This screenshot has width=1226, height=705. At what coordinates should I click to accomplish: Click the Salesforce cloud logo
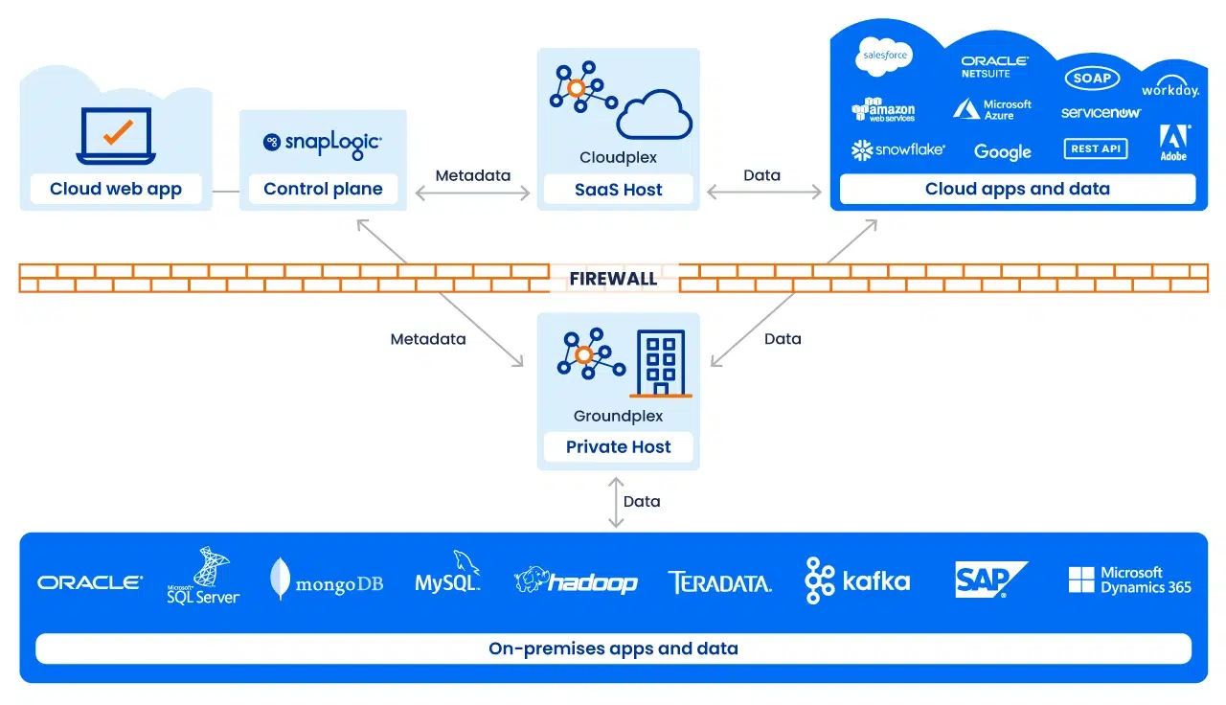coord(884,56)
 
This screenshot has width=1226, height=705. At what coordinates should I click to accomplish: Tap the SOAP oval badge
coord(1091,79)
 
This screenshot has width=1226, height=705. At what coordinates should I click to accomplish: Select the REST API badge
coord(1095,148)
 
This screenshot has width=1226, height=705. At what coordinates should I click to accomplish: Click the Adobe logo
coord(1174,142)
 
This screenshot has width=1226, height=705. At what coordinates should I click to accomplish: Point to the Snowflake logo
coord(897,149)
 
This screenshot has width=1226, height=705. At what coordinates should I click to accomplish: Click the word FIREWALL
coord(613,279)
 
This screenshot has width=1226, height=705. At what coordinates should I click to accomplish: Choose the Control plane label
coord(323,189)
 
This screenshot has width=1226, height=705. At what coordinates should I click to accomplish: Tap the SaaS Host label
coord(618,190)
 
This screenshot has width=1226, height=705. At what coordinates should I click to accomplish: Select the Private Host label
coord(618,446)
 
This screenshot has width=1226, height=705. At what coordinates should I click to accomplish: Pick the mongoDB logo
coord(327,580)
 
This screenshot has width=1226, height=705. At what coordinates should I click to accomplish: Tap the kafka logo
coord(857,580)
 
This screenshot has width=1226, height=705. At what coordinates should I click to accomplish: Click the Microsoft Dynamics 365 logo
coord(1129,580)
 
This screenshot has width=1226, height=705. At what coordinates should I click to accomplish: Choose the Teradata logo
coord(719,581)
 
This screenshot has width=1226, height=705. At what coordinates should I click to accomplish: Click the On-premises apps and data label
coord(613,648)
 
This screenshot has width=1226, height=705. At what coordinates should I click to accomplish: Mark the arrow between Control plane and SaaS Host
coord(472,193)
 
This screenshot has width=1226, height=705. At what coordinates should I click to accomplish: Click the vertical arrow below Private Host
coord(616,501)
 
